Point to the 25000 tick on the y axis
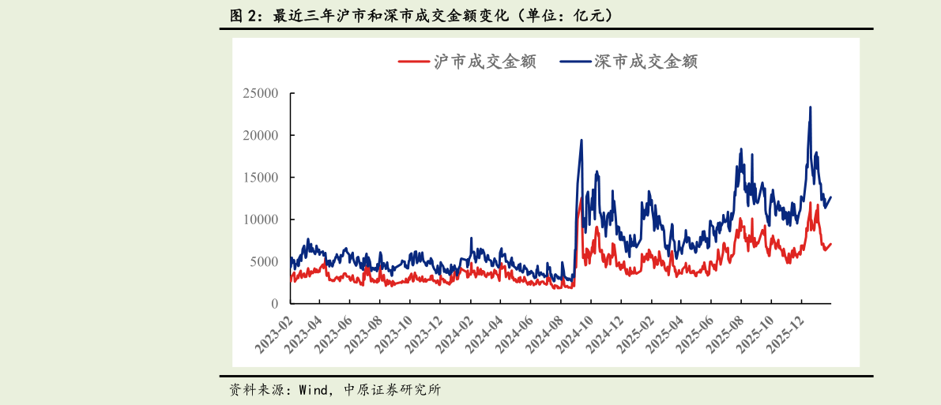coord(260,93)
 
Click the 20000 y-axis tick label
coord(260,135)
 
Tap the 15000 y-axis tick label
coord(260,178)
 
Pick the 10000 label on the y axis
coord(260,219)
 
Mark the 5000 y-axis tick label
coord(263,261)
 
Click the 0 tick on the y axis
coord(274,304)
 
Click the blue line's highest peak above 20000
coord(810,107)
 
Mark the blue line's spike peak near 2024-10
coord(582,141)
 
